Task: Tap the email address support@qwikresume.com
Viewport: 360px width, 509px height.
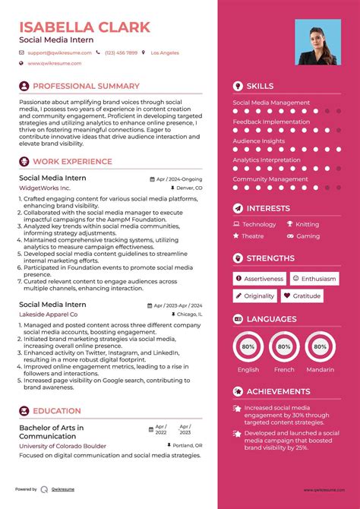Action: click(59, 53)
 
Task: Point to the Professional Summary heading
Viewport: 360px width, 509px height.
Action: click(86, 87)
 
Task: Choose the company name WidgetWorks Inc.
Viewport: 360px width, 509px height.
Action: click(44, 188)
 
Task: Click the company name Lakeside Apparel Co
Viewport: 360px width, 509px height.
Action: click(48, 314)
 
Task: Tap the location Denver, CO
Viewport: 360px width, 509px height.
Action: click(188, 188)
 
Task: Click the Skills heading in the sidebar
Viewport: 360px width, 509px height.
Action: click(260, 87)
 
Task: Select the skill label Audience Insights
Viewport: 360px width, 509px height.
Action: click(258, 141)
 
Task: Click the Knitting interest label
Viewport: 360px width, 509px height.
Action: click(307, 225)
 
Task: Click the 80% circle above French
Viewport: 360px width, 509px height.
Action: click(284, 346)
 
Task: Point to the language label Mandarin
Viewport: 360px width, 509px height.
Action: click(320, 370)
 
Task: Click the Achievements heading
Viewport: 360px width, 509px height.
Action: click(278, 391)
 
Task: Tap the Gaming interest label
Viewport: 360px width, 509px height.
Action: click(308, 236)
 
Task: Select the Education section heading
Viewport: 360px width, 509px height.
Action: click(57, 411)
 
